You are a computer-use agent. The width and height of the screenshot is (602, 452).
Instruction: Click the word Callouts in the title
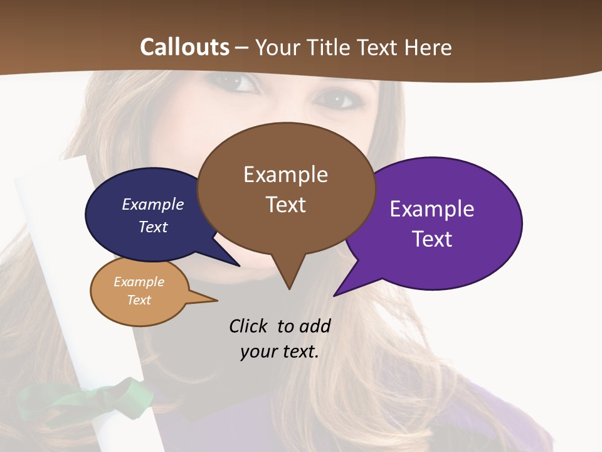click(x=184, y=47)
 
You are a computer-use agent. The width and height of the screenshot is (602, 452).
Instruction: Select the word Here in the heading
click(x=428, y=47)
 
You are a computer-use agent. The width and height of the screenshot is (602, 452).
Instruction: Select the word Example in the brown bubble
click(x=285, y=175)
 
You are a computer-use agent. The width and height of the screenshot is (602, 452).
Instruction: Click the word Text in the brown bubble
click(x=285, y=205)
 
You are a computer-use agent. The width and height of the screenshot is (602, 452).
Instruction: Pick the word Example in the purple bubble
click(x=432, y=209)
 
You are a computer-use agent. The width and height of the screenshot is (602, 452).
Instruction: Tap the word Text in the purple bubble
click(x=432, y=239)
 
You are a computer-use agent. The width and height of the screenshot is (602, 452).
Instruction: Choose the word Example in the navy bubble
click(x=153, y=205)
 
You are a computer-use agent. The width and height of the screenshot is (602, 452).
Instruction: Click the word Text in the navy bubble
click(x=153, y=227)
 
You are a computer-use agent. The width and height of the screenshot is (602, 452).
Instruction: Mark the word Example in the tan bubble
click(x=139, y=282)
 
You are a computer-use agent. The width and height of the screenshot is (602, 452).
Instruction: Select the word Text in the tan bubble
click(x=139, y=300)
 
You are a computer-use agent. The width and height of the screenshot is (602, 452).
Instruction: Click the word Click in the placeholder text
click(x=249, y=326)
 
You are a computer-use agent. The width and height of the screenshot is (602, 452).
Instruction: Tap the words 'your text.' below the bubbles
click(x=280, y=352)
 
